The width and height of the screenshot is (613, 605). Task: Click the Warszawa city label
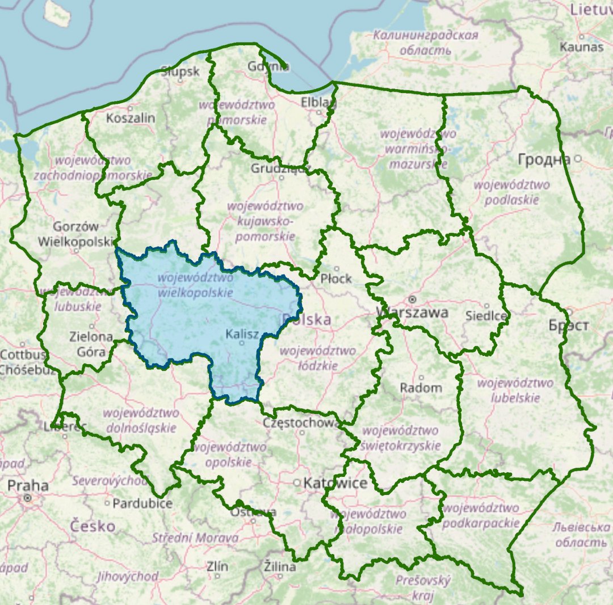[x=412, y=312]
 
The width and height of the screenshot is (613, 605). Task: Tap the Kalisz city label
[x=242, y=334]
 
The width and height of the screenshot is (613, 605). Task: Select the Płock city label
[x=336, y=278]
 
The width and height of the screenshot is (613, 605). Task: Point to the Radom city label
[x=421, y=388]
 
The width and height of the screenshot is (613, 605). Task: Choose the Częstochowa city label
[x=301, y=423]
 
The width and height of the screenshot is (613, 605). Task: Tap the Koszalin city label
[x=131, y=118]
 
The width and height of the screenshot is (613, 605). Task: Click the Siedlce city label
[x=486, y=315]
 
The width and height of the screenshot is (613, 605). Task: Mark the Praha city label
[x=28, y=486]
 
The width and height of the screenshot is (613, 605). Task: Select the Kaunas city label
[x=581, y=46]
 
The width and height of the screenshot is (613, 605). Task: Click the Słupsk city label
[x=180, y=71]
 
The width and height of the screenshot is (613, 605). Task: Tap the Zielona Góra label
[x=91, y=344]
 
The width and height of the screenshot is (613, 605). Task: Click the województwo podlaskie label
[x=511, y=192]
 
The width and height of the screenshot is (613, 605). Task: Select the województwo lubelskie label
[x=515, y=390]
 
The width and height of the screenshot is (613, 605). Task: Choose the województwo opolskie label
[x=228, y=455]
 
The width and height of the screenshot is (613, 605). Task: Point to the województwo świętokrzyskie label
[x=400, y=438]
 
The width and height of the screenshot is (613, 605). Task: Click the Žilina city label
[x=280, y=566]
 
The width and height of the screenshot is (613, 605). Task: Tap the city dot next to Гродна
[x=578, y=159]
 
